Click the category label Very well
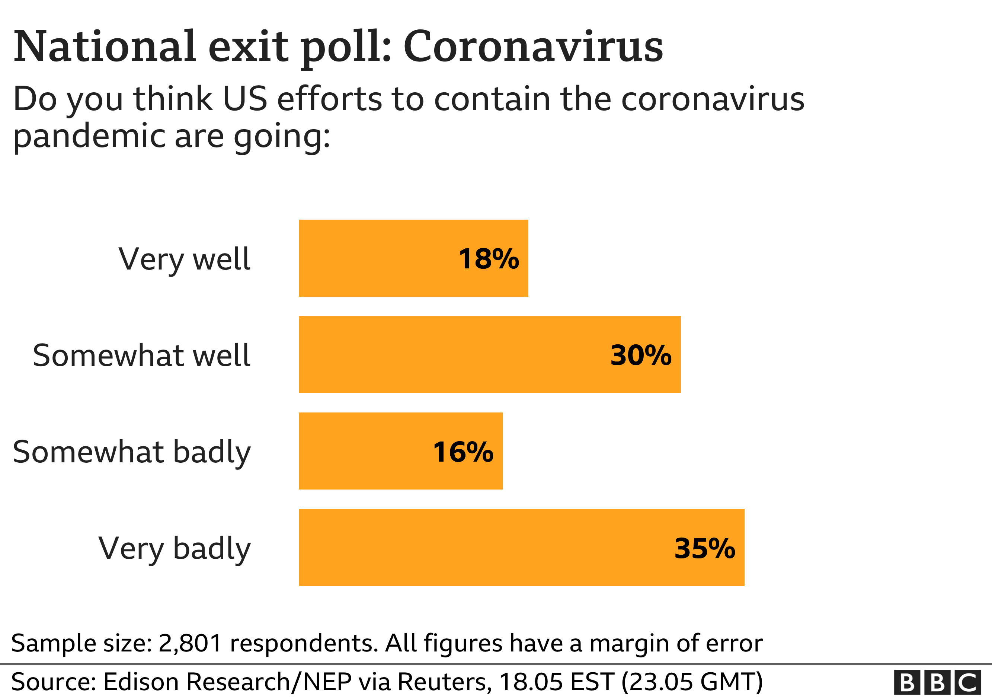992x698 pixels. click(184, 259)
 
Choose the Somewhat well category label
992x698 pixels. click(141, 355)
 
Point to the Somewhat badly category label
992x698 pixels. click(131, 453)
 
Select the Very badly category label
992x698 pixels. click(174, 549)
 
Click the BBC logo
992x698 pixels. click(937, 683)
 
